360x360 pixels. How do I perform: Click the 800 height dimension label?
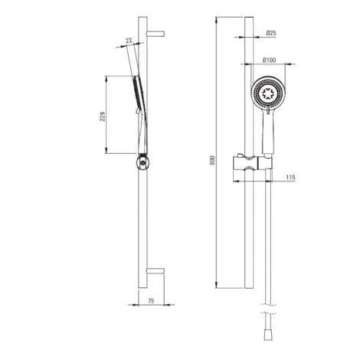click(x=213, y=160)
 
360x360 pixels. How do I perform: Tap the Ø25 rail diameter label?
click(x=271, y=33)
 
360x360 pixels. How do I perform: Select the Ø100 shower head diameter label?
click(x=270, y=61)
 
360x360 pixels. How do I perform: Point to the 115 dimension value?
click(x=290, y=177)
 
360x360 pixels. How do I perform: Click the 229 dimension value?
click(x=103, y=116)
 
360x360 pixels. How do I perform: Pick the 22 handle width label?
click(x=129, y=40)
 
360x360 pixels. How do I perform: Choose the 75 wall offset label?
click(x=151, y=301)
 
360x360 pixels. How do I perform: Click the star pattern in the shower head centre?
click(x=268, y=93)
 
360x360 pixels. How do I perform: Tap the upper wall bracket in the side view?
click(x=155, y=34)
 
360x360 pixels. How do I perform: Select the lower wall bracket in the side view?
click(x=155, y=271)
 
